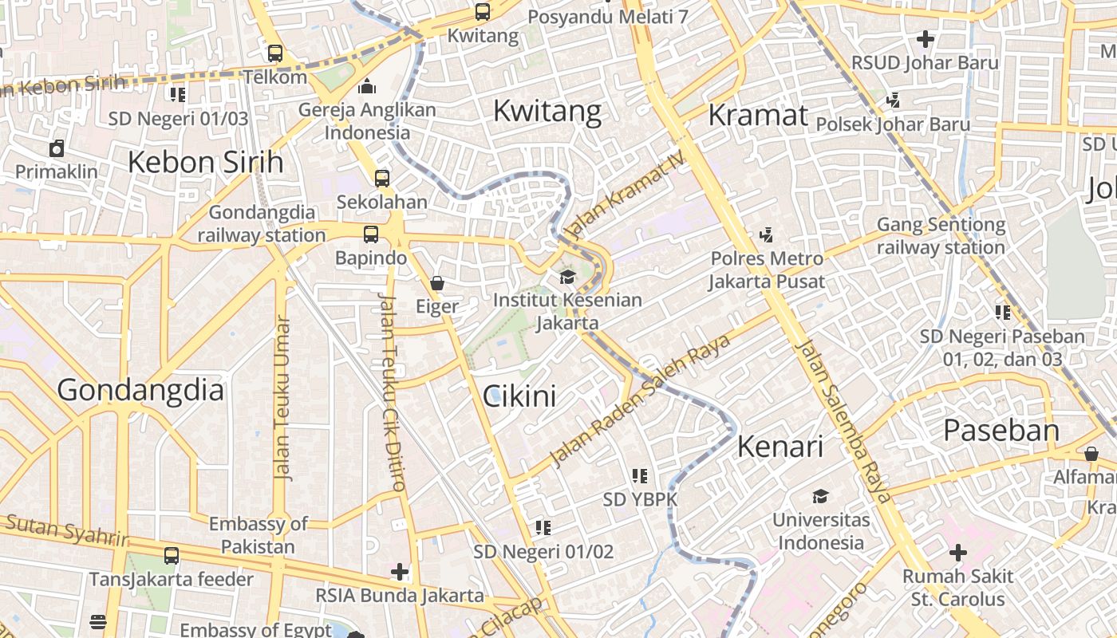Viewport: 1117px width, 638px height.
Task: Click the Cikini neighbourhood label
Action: [519, 396]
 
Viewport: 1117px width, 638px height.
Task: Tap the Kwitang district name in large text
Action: [547, 111]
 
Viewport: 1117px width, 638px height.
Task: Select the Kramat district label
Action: [758, 115]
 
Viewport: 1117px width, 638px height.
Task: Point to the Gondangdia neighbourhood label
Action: [140, 390]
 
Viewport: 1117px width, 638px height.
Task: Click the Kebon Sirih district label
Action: [205, 162]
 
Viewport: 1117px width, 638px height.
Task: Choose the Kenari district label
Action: [780, 447]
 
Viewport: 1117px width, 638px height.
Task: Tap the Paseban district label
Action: [1001, 431]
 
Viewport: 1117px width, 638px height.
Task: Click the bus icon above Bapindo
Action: [371, 234]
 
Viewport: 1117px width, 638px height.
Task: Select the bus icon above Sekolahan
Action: [382, 178]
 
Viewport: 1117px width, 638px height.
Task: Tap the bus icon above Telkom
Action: [275, 53]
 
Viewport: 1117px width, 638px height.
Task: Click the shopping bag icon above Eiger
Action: [437, 282]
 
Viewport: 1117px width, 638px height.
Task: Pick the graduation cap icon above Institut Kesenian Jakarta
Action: [567, 277]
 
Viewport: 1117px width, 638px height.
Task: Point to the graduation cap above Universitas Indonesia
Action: [820, 497]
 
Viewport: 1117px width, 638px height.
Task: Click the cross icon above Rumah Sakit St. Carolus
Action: [957, 552]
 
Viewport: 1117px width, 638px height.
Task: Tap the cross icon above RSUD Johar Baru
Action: [925, 38]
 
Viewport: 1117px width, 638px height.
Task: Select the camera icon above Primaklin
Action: [57, 148]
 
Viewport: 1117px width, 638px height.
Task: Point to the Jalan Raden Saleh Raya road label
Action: [641, 400]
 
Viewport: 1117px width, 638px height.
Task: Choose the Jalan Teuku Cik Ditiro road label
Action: [392, 392]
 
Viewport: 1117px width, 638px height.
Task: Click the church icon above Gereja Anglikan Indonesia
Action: [367, 86]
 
